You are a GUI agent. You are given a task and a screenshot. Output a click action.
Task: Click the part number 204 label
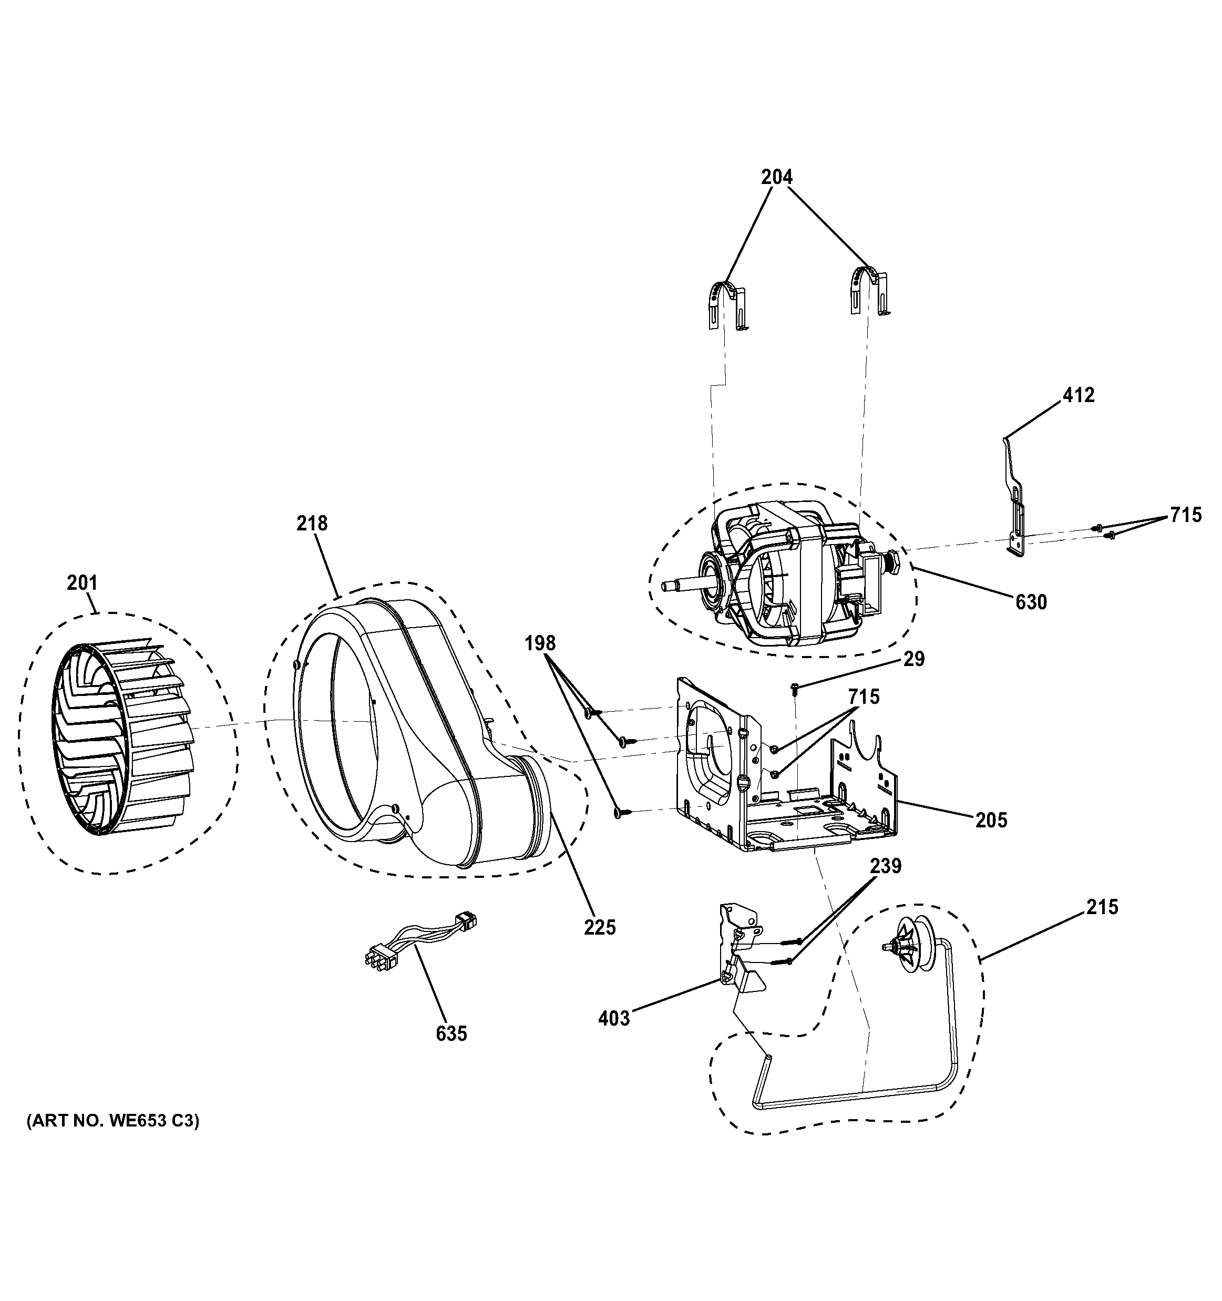point(776,177)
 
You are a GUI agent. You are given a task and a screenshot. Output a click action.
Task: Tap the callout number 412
point(1078,395)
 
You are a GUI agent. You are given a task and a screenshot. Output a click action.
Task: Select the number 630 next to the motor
point(1031,601)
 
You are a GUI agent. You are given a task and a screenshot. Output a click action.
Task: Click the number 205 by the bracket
point(991,820)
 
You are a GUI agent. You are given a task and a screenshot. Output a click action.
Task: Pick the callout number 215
point(1102,907)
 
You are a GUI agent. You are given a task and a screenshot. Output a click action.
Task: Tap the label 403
point(613,1018)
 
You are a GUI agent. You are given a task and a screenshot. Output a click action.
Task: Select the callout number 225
point(600,927)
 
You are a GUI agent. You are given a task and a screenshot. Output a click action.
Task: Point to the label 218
point(312,524)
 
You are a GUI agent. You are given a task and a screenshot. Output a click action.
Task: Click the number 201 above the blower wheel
point(82,582)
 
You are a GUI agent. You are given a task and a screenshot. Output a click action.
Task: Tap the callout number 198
point(540,644)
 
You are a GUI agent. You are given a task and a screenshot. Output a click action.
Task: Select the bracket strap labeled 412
point(1013,497)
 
